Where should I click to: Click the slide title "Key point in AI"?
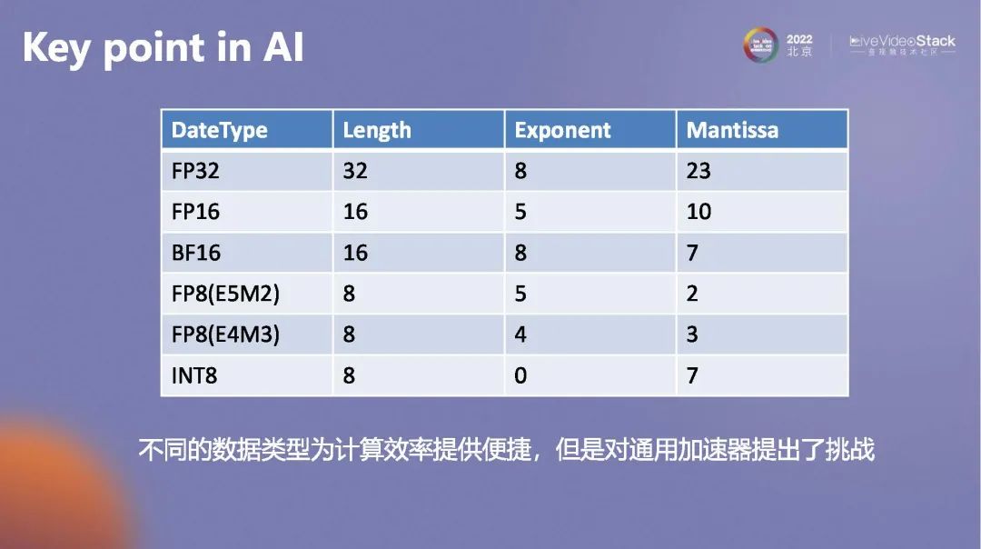tap(163, 48)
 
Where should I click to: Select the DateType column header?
tap(219, 130)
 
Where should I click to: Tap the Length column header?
tap(377, 130)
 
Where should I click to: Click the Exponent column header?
tap(562, 130)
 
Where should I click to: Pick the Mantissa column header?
tap(732, 130)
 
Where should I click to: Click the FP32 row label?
tap(195, 171)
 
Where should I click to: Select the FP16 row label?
tap(195, 212)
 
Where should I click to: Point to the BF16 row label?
tap(195, 253)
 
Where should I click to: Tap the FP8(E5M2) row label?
tap(224, 294)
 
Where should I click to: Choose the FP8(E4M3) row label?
tap(225, 334)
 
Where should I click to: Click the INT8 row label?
tap(194, 374)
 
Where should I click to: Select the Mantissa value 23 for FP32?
tap(699, 171)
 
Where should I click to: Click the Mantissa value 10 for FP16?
tap(699, 212)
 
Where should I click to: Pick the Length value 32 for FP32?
tap(355, 171)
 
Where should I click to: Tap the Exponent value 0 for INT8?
tap(520, 374)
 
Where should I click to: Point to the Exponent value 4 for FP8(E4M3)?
tap(520, 334)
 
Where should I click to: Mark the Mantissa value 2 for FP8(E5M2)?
tap(692, 294)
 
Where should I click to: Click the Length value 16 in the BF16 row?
tap(355, 253)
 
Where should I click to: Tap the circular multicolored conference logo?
tap(761, 45)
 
